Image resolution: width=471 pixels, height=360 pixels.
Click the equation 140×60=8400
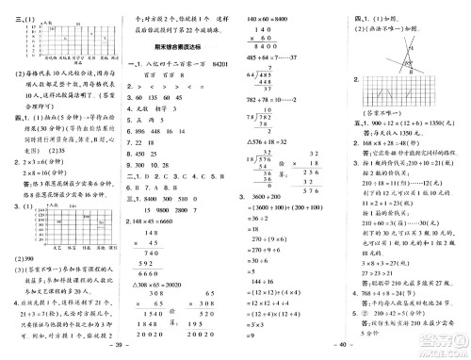[268, 18]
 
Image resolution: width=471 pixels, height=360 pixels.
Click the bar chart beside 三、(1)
[67, 34]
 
